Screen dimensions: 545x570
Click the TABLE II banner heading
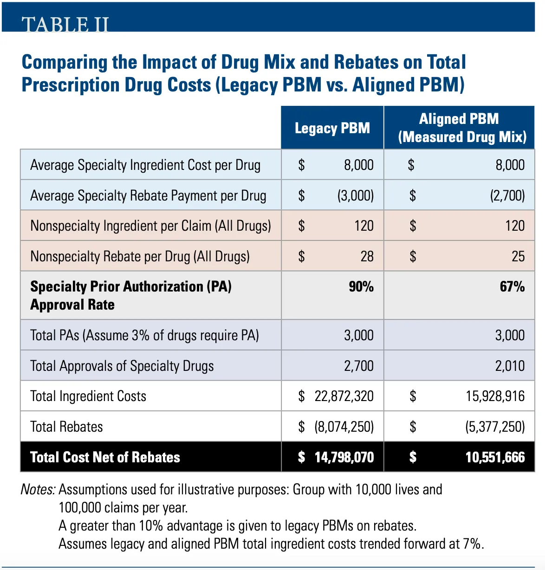65,24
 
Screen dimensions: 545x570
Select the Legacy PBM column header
332,128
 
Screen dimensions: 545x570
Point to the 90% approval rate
361,286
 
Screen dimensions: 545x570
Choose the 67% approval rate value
512,286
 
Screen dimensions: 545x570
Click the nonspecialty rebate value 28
367,256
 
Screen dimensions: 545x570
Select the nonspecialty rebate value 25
518,256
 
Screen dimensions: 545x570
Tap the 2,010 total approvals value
510,366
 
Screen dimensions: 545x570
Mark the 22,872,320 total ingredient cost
344,396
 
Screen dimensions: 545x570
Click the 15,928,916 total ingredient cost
495,396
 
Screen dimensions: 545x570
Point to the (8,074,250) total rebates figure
344,427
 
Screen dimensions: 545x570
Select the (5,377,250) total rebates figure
495,427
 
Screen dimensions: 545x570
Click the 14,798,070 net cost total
344,457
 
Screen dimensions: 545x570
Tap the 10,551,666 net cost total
495,457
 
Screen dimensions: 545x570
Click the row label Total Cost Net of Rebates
105,457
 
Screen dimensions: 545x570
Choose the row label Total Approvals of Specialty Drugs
122,366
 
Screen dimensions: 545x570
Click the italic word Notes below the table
38,489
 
